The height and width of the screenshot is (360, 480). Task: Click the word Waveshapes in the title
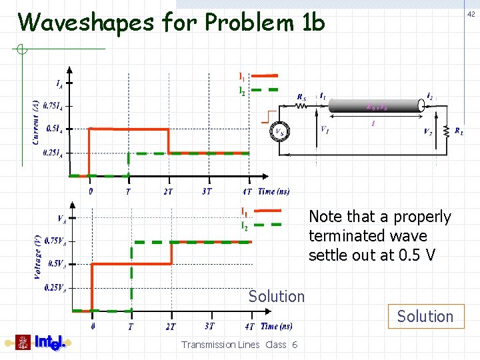tap(87, 23)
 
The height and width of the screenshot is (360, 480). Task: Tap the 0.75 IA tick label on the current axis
tap(53, 105)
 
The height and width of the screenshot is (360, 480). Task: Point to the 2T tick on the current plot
tap(169, 191)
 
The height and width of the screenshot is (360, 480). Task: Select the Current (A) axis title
tap(35, 121)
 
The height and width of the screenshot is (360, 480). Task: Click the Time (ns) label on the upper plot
tap(275, 191)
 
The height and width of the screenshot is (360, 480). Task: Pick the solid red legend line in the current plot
tap(265, 76)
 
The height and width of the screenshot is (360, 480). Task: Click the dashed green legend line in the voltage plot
tap(267, 225)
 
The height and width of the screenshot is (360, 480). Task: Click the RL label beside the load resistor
tap(459, 131)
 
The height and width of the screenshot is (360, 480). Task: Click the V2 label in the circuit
tap(427, 131)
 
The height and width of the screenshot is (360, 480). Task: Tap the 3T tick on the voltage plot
tap(210, 326)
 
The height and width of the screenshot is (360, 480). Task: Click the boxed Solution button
tap(425, 317)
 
